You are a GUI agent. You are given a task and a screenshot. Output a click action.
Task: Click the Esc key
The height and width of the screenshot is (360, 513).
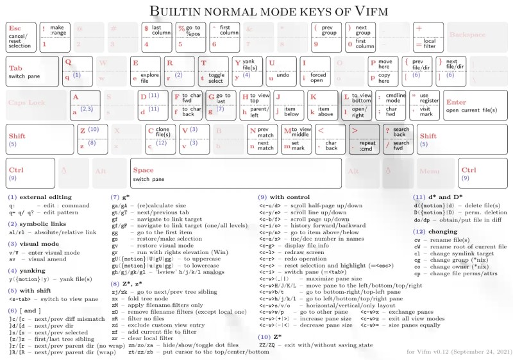coord(21,37)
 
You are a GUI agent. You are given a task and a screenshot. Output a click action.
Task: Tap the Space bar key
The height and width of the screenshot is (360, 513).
coord(235,173)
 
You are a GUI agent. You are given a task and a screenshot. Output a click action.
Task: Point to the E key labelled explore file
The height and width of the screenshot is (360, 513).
coord(144,71)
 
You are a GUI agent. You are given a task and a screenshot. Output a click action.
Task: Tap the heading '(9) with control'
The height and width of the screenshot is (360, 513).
coord(283,196)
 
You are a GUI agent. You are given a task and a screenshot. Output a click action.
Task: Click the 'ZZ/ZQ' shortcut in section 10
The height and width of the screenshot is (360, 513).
coord(269,345)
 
